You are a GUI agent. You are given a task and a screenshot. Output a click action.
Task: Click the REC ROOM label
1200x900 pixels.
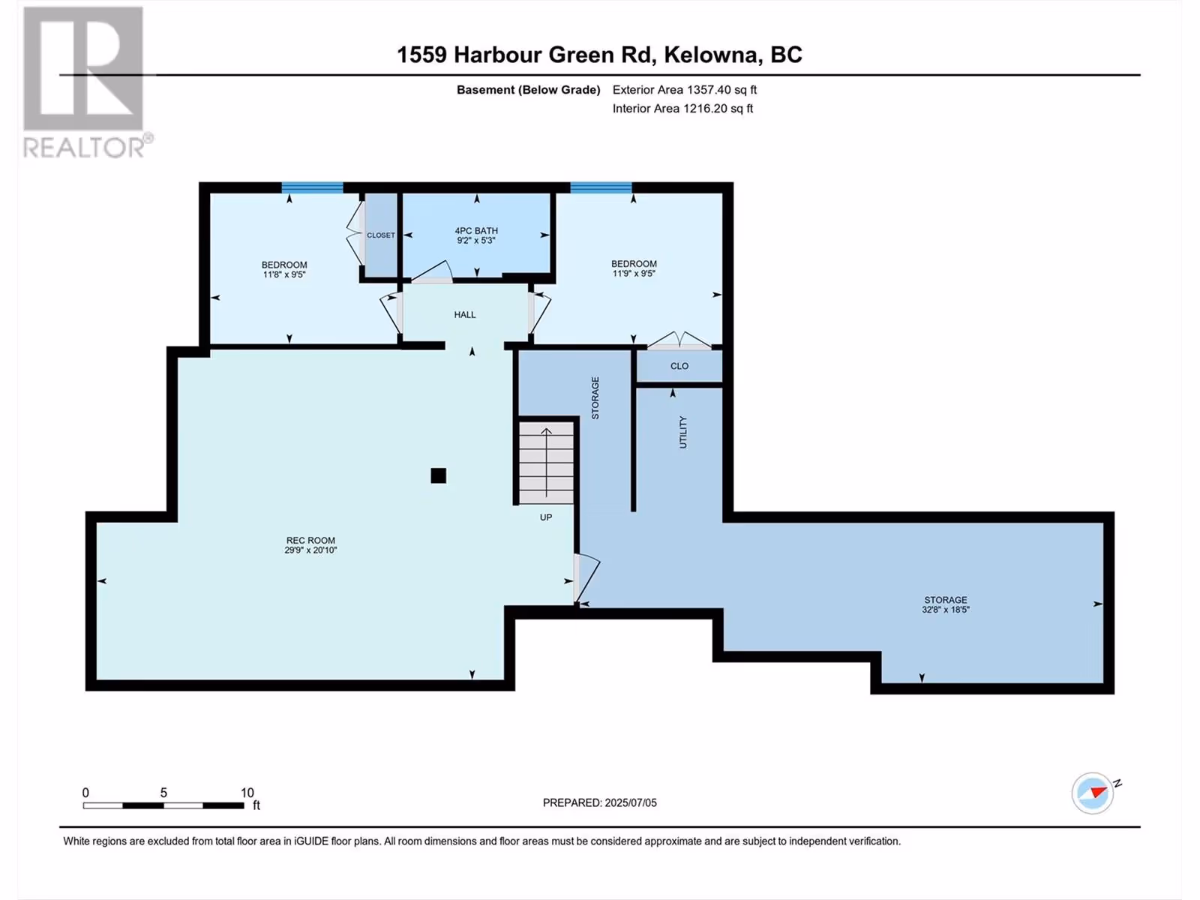(310, 541)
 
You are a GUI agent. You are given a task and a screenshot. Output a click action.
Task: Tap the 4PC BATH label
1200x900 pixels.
(476, 230)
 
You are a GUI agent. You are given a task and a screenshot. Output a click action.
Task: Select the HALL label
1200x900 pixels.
(465, 315)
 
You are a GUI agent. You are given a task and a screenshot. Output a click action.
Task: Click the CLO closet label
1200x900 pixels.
(679, 366)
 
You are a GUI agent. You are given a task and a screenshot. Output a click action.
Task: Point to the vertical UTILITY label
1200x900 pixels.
(682, 432)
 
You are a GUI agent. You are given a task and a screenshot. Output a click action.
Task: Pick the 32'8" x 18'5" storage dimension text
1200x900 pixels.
(946, 609)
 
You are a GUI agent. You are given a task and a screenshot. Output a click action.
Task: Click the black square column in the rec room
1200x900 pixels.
(439, 476)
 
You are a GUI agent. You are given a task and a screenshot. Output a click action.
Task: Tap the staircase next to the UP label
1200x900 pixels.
(546, 463)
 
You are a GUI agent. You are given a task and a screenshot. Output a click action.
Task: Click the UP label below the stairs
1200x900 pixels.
(546, 517)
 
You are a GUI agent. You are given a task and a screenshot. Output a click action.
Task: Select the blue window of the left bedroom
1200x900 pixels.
(312, 188)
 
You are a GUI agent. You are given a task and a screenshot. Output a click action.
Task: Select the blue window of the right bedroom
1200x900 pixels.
(601, 188)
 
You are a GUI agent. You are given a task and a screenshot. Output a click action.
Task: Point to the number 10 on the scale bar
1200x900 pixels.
(247, 792)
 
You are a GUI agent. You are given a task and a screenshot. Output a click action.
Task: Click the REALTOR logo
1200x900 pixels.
(88, 82)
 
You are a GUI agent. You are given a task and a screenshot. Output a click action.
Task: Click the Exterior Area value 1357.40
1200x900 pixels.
(709, 89)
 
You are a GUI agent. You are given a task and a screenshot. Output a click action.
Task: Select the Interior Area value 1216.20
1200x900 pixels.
(705, 108)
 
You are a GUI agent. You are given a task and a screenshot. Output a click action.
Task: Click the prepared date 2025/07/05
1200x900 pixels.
(630, 802)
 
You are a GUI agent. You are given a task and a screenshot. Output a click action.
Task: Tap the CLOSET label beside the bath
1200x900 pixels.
(381, 235)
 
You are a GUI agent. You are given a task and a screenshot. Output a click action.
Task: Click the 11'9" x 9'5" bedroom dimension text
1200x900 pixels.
(634, 273)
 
